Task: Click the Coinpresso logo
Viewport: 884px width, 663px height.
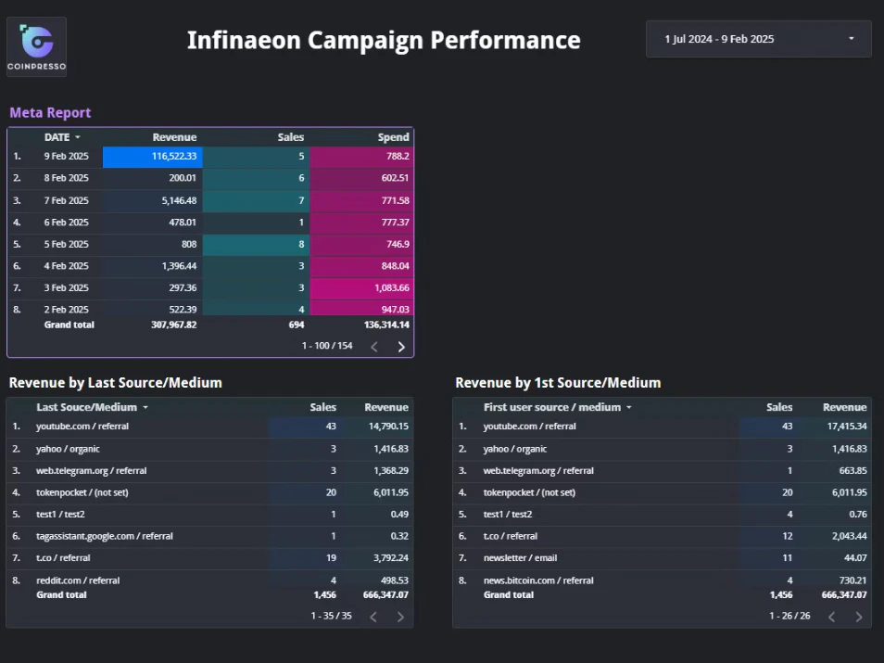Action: (x=37, y=47)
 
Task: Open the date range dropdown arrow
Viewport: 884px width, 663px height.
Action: (x=852, y=38)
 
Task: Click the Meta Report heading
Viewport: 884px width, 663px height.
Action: (x=50, y=112)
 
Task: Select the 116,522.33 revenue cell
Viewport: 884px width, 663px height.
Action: (x=153, y=157)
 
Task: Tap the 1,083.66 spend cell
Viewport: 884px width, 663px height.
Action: (x=361, y=287)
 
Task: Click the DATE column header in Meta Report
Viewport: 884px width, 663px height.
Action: (x=57, y=137)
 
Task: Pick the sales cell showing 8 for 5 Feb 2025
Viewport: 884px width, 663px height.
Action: (x=256, y=244)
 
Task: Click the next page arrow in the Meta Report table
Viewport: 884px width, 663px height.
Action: (x=401, y=347)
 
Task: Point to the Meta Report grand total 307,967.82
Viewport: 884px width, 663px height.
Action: (x=173, y=325)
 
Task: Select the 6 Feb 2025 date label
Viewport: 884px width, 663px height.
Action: (x=66, y=223)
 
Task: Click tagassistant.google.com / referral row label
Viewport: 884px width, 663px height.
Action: (x=105, y=536)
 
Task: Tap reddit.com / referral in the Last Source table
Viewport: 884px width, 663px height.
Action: (x=78, y=580)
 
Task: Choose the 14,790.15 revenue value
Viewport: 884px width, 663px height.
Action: (x=388, y=426)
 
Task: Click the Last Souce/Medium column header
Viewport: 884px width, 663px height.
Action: (x=87, y=407)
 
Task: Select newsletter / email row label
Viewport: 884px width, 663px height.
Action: (x=520, y=557)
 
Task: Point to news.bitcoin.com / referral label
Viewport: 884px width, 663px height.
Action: (x=538, y=580)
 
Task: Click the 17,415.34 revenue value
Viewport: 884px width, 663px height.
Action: (x=847, y=426)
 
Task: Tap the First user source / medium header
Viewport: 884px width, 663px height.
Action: (x=552, y=407)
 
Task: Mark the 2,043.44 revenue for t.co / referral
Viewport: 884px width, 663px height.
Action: (x=849, y=536)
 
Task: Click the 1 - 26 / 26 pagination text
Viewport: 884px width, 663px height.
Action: (x=789, y=616)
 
